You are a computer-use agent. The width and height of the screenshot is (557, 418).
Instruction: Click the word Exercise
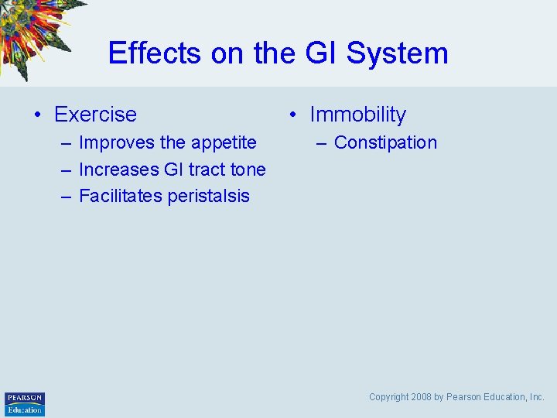[95, 115]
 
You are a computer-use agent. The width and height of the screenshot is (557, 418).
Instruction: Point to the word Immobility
[357, 115]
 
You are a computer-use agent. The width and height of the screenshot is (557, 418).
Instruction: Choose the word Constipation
[385, 143]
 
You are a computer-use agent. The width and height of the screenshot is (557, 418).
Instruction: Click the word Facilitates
[120, 196]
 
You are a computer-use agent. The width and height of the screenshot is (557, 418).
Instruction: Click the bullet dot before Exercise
[37, 115]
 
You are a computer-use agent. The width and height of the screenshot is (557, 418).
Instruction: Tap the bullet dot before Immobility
[292, 115]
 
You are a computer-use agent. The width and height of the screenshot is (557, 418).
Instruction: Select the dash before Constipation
[321, 143]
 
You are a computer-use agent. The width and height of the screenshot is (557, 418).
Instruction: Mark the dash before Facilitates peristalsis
[67, 196]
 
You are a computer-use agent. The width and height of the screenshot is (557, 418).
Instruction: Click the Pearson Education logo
[25, 403]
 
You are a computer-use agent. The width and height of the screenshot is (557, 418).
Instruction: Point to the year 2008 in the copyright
[421, 397]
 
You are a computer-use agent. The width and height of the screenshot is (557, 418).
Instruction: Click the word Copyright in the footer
[388, 397]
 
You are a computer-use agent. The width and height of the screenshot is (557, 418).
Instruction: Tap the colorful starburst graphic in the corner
[35, 31]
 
